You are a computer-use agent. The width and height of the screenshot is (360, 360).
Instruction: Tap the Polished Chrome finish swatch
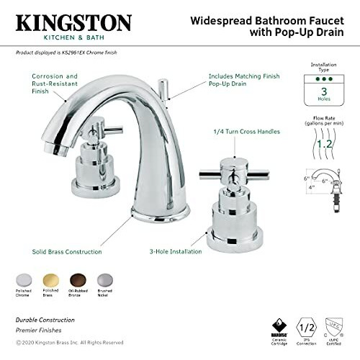coord(24,279)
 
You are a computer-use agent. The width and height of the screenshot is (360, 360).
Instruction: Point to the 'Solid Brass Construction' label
coord(66,251)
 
